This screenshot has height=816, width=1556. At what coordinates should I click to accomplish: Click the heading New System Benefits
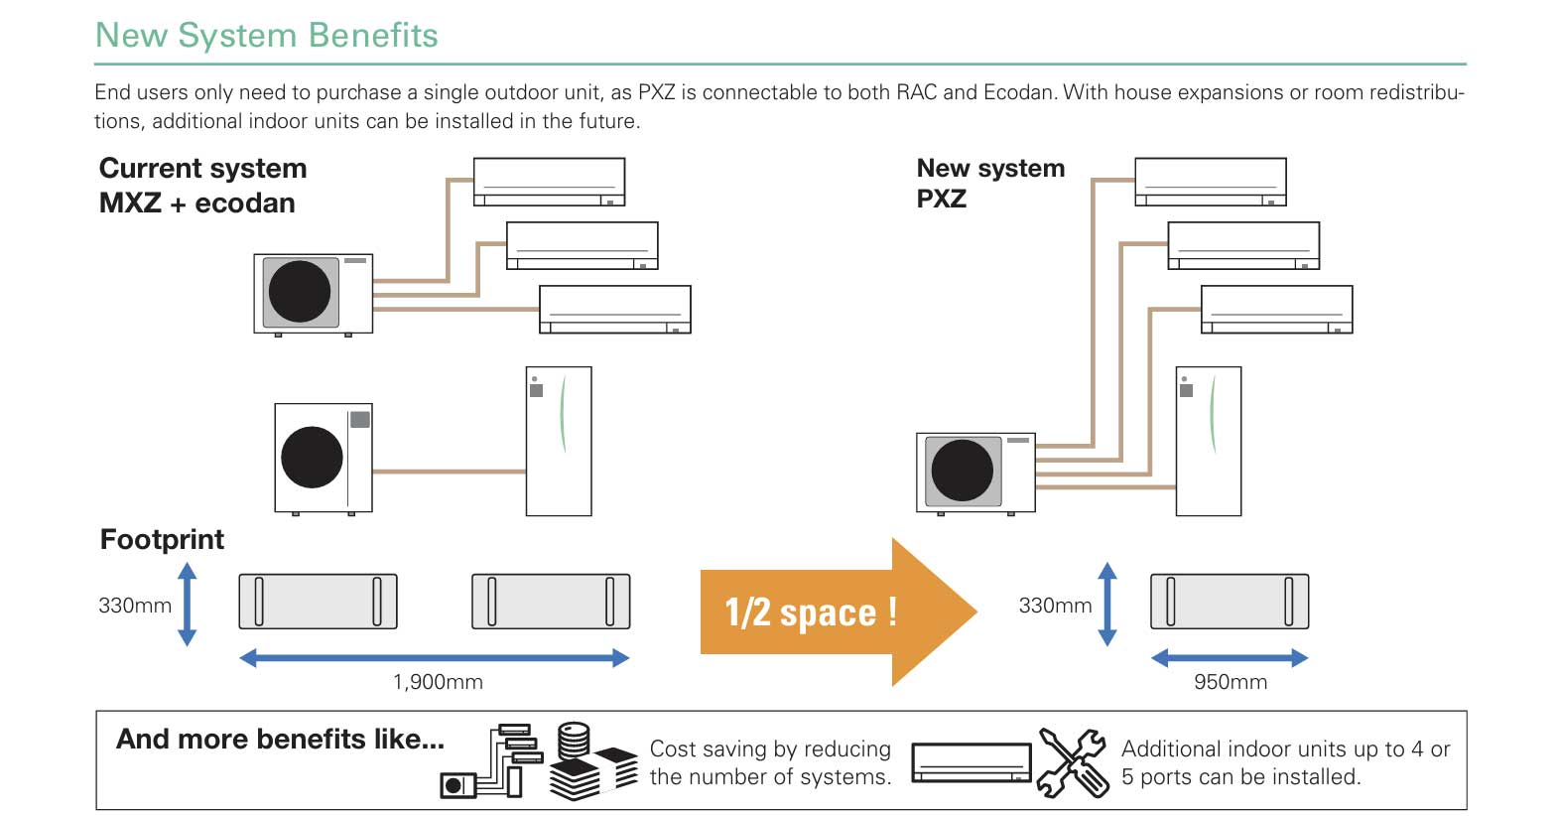[266, 36]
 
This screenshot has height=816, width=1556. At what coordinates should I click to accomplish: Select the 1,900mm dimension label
[438, 682]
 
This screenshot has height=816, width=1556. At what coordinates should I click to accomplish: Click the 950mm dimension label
[1230, 682]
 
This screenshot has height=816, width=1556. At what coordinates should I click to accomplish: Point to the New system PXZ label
[989, 183]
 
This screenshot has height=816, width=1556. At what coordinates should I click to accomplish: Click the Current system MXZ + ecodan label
[202, 186]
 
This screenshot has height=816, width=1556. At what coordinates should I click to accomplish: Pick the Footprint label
[162, 539]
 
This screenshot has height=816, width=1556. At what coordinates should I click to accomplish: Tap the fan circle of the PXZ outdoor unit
[962, 471]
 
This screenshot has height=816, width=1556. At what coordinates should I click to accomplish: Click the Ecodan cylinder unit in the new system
[1208, 441]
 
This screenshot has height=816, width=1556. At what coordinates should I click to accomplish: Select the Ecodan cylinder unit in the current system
[558, 441]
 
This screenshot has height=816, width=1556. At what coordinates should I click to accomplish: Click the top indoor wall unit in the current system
[549, 182]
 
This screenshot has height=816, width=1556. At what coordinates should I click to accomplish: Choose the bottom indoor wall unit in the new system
[1276, 310]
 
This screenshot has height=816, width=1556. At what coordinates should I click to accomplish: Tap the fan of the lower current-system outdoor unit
[312, 458]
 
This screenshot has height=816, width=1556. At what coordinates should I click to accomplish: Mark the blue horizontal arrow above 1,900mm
[434, 657]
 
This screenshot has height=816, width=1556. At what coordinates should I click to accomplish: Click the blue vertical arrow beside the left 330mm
[187, 605]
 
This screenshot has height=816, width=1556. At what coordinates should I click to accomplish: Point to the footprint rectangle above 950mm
[1229, 601]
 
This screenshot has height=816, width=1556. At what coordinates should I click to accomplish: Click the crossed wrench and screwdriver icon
[1072, 762]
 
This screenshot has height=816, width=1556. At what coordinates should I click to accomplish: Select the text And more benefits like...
[280, 740]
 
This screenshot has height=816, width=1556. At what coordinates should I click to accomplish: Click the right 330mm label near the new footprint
[1055, 606]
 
